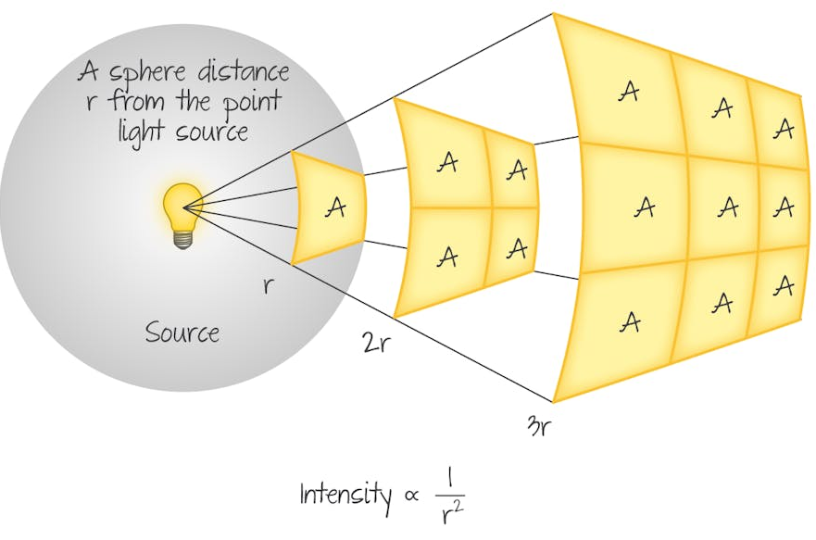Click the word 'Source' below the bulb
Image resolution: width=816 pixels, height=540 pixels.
182,331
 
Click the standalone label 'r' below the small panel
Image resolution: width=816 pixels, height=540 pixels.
269,284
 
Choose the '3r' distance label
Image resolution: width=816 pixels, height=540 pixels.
542,428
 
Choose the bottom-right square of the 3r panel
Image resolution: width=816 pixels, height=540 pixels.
780,287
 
